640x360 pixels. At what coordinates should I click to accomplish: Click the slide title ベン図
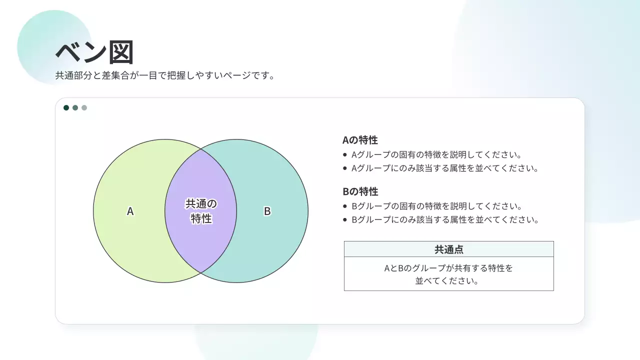pyautogui.click(x=94, y=52)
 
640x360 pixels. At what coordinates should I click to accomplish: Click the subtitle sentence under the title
pyautogui.click(x=165, y=76)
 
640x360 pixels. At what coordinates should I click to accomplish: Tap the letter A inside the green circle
pyautogui.click(x=130, y=211)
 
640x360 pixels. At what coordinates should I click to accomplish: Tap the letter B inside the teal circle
pyautogui.click(x=267, y=211)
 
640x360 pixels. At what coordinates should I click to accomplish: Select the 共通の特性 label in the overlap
pyautogui.click(x=201, y=211)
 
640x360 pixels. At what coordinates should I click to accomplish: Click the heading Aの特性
pyautogui.click(x=360, y=140)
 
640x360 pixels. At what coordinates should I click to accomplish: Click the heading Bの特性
pyautogui.click(x=360, y=191)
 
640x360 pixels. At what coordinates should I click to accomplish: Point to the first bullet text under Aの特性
pyautogui.click(x=436, y=154)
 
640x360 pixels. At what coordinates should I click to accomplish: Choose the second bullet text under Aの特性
pyautogui.click(x=444, y=168)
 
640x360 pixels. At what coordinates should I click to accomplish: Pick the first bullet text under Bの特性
pyautogui.click(x=436, y=206)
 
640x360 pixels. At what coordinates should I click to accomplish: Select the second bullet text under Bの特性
pyautogui.click(x=444, y=219)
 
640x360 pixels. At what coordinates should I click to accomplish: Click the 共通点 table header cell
pyautogui.click(x=448, y=249)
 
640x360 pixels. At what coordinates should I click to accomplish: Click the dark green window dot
pyautogui.click(x=66, y=107)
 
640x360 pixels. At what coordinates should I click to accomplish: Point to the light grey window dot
pyautogui.click(x=84, y=107)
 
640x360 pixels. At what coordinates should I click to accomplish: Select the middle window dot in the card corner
pyautogui.click(x=75, y=107)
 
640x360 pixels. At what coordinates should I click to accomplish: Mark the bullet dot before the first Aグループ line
pyautogui.click(x=345, y=155)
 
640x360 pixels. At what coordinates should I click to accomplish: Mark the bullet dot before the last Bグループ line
pyautogui.click(x=345, y=219)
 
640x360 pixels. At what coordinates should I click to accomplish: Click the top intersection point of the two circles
pyautogui.click(x=200, y=149)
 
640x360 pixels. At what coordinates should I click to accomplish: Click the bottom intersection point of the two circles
pyautogui.click(x=200, y=272)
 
